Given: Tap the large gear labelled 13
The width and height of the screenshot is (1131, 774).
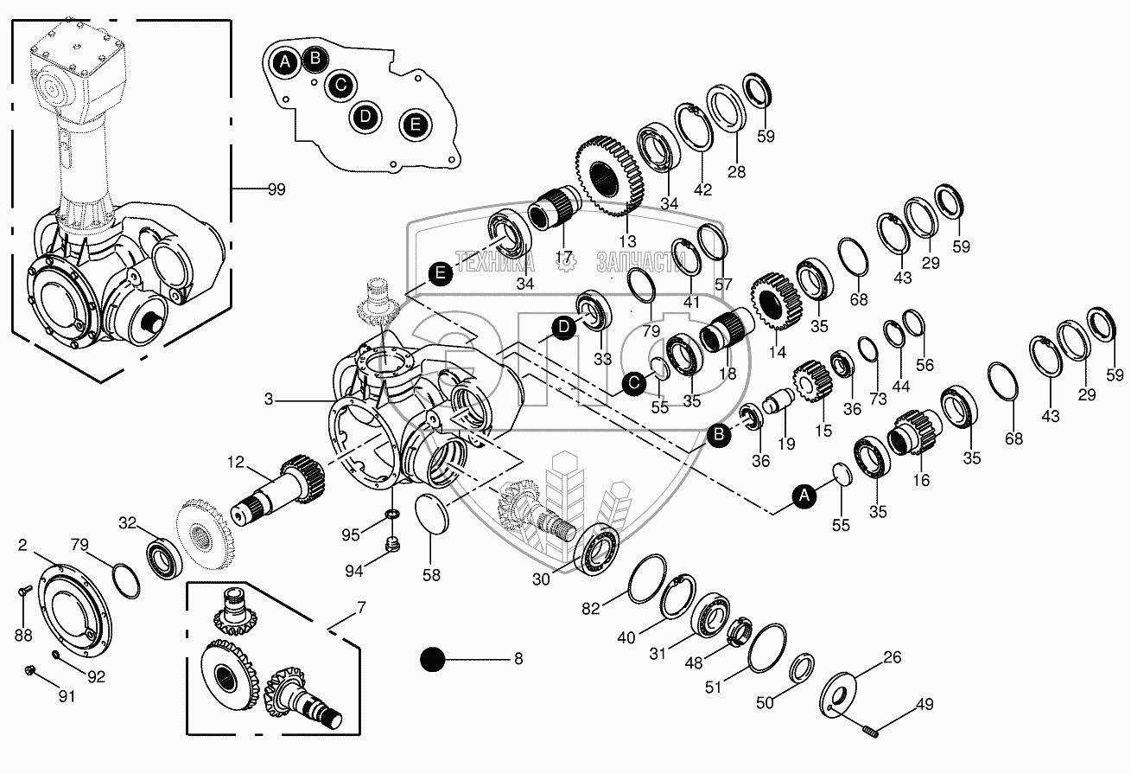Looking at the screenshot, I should coord(610,176).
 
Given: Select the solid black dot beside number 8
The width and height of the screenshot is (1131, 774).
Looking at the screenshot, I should coord(431,660).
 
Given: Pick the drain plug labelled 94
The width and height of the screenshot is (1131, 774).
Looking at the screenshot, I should coord(392,545).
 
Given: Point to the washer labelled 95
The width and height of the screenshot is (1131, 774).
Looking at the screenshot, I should coord(392,516).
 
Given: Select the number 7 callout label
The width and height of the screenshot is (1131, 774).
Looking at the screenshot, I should coord(360,609).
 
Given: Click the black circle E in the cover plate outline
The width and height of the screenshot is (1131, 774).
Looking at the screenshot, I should coord(416,125).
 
